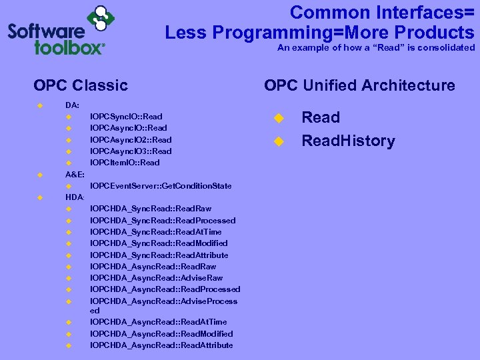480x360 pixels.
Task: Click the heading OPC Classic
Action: [x=80, y=85]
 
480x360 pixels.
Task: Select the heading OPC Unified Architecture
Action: [x=359, y=85]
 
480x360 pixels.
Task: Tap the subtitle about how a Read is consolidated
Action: [x=376, y=48]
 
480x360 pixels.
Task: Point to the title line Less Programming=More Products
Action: [x=319, y=32]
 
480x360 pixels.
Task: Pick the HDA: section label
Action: [x=75, y=197]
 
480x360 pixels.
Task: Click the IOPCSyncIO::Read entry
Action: [x=125, y=117]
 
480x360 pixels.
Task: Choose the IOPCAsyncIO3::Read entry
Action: [x=130, y=151]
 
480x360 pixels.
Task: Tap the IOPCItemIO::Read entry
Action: [x=125, y=163]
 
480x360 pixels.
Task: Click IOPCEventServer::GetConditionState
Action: [x=161, y=185]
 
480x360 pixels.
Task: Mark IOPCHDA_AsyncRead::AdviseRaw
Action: [x=156, y=278]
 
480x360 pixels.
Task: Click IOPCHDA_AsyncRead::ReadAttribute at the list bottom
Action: [x=161, y=345]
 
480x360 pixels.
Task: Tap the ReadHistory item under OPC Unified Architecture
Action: [x=348, y=141]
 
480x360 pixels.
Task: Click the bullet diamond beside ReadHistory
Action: [x=279, y=141]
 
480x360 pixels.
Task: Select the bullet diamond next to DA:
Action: [x=39, y=105]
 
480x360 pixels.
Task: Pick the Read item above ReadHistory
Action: [x=321, y=117]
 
